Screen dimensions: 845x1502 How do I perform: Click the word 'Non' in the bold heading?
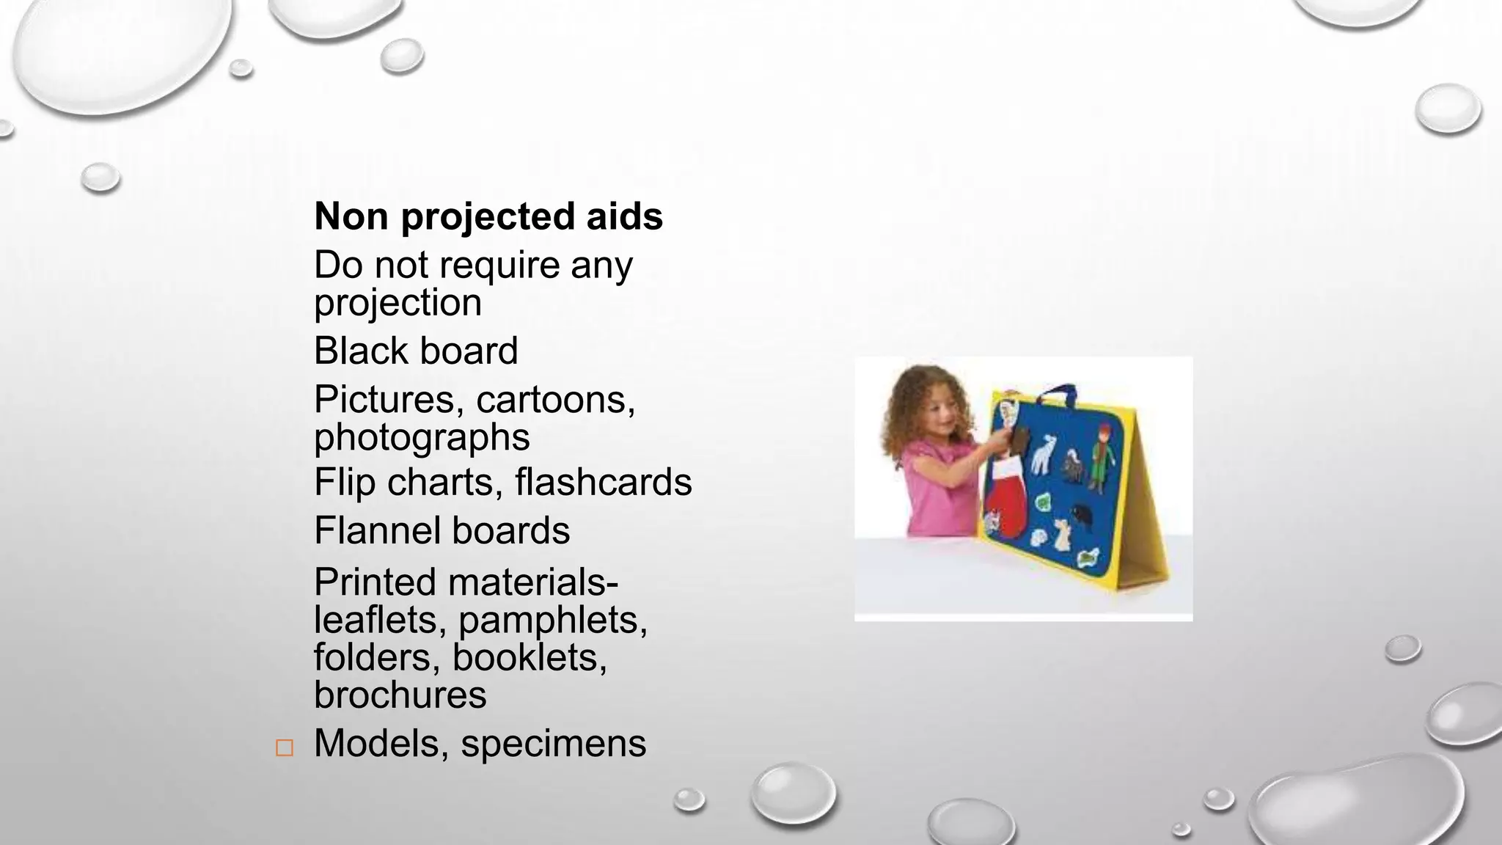(x=351, y=216)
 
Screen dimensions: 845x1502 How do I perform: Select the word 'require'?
(x=499, y=266)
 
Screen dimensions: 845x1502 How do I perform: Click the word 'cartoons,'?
(x=555, y=400)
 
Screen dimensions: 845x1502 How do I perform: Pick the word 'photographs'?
(x=422, y=438)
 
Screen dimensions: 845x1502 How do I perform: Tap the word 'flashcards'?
(x=603, y=483)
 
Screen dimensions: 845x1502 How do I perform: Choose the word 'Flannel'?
(x=377, y=530)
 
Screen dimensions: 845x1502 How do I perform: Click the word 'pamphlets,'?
(x=553, y=621)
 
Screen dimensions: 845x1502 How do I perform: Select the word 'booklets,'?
(x=530, y=657)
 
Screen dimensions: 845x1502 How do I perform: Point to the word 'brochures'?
(x=400, y=695)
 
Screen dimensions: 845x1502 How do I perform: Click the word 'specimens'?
(x=553, y=743)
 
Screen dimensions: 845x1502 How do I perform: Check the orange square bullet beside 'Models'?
(x=285, y=748)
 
